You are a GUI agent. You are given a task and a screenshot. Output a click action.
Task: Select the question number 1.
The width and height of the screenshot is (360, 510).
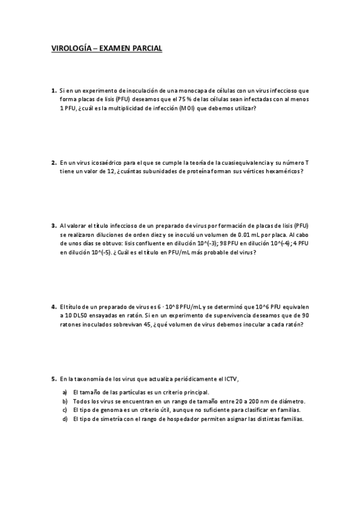[53, 90]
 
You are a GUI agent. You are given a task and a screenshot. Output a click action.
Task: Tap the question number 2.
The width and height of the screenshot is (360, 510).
[53, 162]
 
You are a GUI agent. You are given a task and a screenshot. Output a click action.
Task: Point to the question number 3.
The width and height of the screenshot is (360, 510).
[53, 226]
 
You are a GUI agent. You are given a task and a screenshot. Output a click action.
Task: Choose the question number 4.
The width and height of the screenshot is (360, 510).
[53, 307]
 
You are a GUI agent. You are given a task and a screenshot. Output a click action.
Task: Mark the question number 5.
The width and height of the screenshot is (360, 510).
[53, 379]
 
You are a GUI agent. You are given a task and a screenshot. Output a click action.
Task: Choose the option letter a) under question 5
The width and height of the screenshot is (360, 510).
[64, 392]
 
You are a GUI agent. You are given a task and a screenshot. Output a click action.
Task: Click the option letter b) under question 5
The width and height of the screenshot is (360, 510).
[64, 401]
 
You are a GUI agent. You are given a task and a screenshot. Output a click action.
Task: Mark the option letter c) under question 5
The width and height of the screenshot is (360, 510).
[64, 410]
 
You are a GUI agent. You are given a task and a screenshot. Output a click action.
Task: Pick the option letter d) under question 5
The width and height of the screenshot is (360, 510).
[64, 419]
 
